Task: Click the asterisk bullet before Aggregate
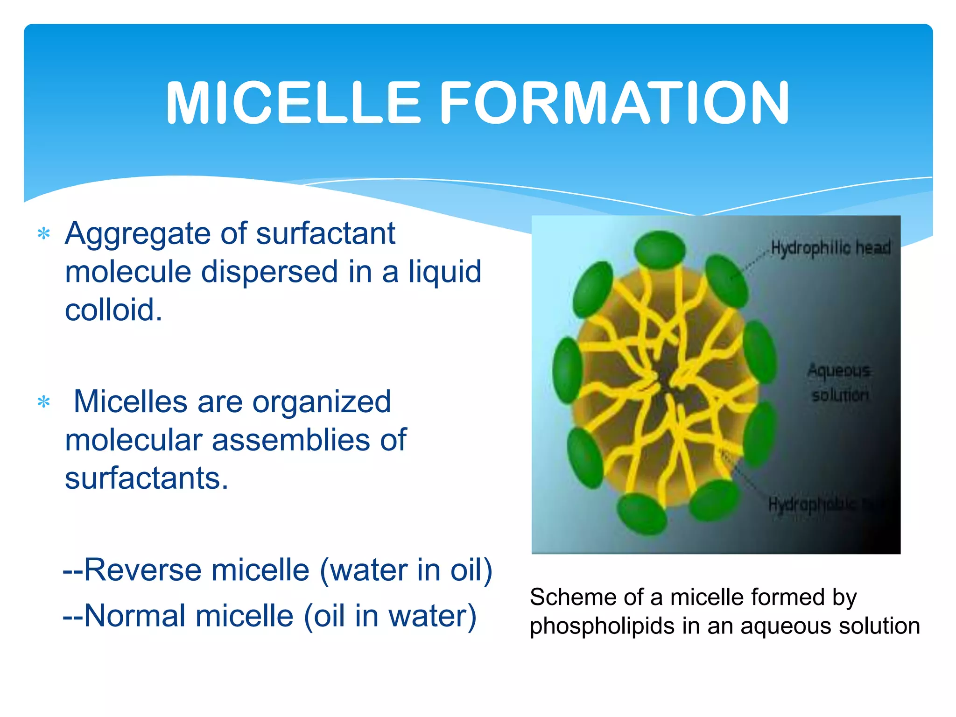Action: click(44, 233)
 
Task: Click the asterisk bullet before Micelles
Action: click(44, 401)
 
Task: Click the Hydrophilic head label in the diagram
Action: click(830, 247)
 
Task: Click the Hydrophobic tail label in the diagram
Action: click(822, 504)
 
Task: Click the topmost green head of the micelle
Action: click(660, 249)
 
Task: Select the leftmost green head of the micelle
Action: click(567, 370)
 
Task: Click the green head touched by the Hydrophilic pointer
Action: click(726, 281)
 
